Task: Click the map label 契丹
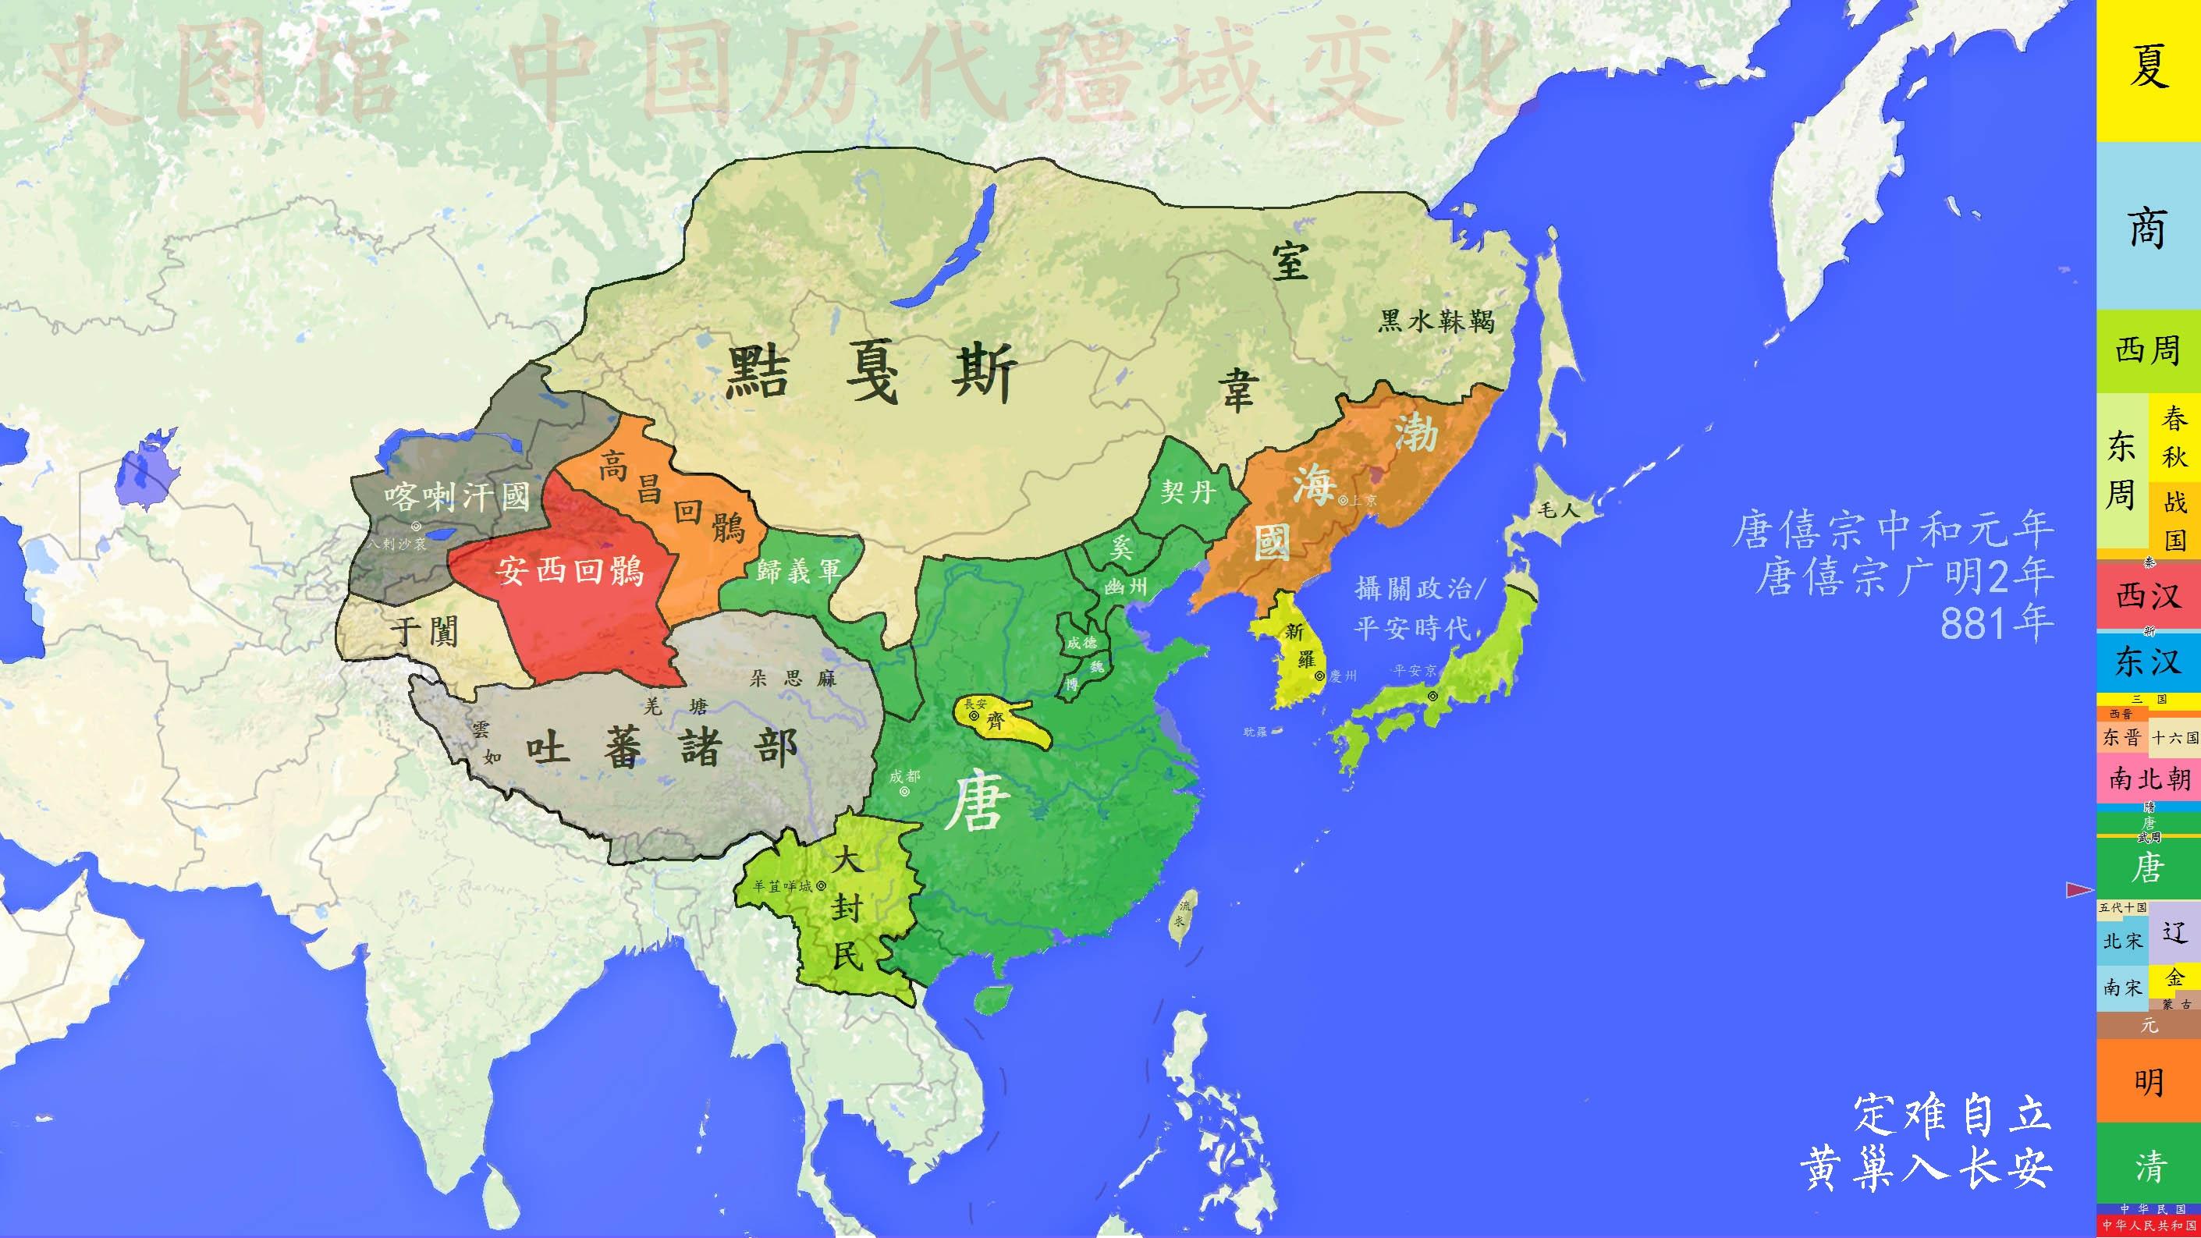click(1187, 491)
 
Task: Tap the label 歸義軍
click(798, 570)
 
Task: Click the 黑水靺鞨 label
click(1436, 321)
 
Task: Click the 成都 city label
click(904, 775)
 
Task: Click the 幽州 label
click(1125, 587)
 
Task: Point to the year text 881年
click(1996, 624)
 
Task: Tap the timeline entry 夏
click(2148, 69)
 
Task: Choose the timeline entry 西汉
click(2148, 595)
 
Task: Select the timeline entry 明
click(2148, 1084)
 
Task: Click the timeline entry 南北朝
click(2148, 779)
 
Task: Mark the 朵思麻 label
click(792, 679)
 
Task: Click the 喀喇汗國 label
click(457, 495)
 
